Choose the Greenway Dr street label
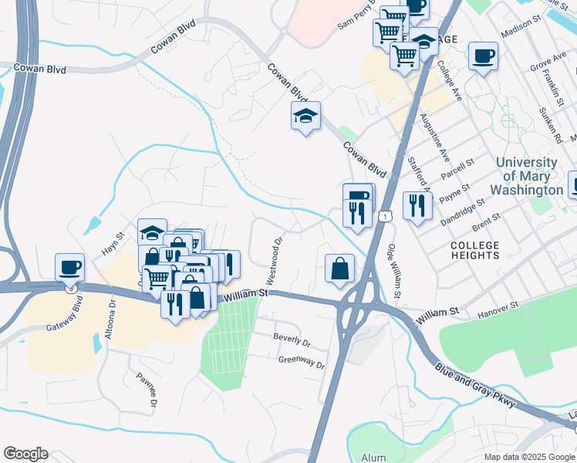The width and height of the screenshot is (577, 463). [302, 362]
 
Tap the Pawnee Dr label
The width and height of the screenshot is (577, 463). [147, 390]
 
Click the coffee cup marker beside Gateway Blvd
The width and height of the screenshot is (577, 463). [69, 267]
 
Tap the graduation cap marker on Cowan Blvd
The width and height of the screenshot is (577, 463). [305, 117]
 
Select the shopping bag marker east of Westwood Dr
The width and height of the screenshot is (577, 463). [339, 269]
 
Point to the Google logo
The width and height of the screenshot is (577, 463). [25, 454]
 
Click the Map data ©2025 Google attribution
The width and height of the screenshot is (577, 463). [528, 457]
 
